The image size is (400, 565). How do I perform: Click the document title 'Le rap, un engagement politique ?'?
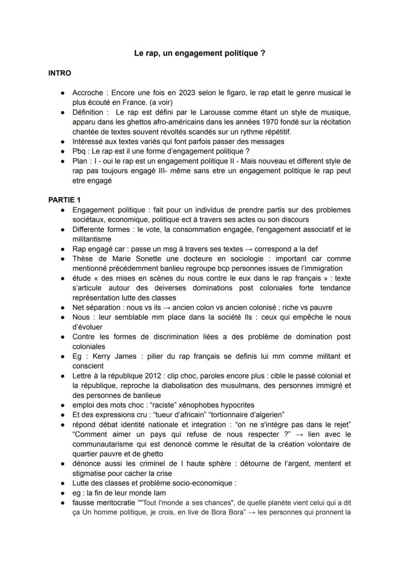[200, 54]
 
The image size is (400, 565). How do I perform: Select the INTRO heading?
[60, 73]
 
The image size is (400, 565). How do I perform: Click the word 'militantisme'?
[92, 239]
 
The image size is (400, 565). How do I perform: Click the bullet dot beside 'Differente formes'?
[63, 230]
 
